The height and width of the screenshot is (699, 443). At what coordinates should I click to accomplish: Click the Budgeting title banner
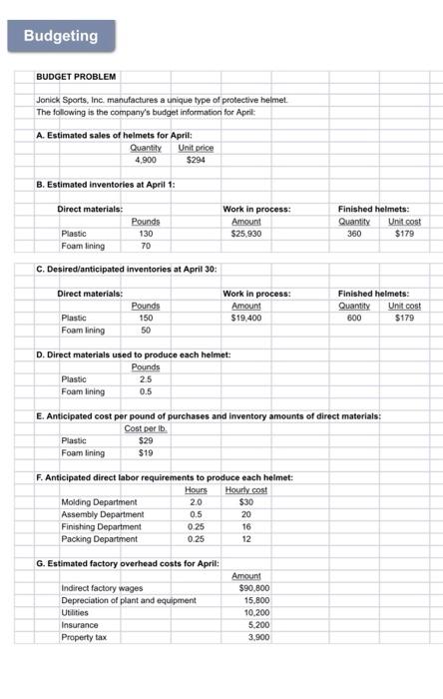click(61, 36)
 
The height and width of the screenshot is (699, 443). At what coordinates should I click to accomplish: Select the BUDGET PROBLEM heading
click(76, 76)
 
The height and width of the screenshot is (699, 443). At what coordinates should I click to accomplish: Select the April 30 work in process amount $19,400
click(245, 317)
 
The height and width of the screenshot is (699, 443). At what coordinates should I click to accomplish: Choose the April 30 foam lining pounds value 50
click(146, 329)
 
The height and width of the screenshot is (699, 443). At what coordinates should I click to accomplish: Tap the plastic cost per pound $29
click(146, 439)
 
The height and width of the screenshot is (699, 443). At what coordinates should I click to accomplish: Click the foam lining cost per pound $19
click(146, 452)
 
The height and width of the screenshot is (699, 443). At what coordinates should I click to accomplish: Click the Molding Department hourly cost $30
click(245, 501)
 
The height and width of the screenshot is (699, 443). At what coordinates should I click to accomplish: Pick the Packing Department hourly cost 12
click(245, 538)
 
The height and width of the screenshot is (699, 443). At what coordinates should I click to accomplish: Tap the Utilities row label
click(74, 612)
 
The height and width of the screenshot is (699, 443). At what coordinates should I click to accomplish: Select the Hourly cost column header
click(244, 489)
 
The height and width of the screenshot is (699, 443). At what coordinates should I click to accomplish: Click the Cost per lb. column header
click(145, 427)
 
